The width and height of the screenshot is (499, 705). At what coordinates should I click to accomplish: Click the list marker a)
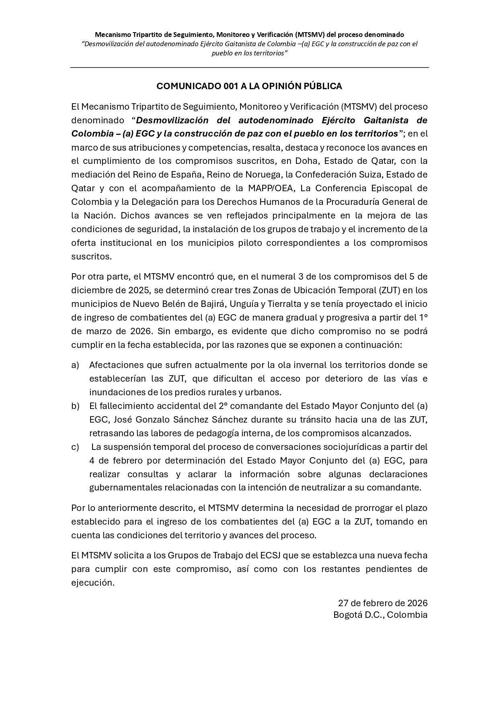pos(75,365)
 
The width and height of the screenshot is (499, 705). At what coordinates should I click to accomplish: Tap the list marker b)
pos(75,406)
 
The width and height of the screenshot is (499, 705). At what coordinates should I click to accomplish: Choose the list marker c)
pos(75,447)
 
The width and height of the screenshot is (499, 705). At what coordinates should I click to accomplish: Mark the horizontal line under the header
pos(249,67)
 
